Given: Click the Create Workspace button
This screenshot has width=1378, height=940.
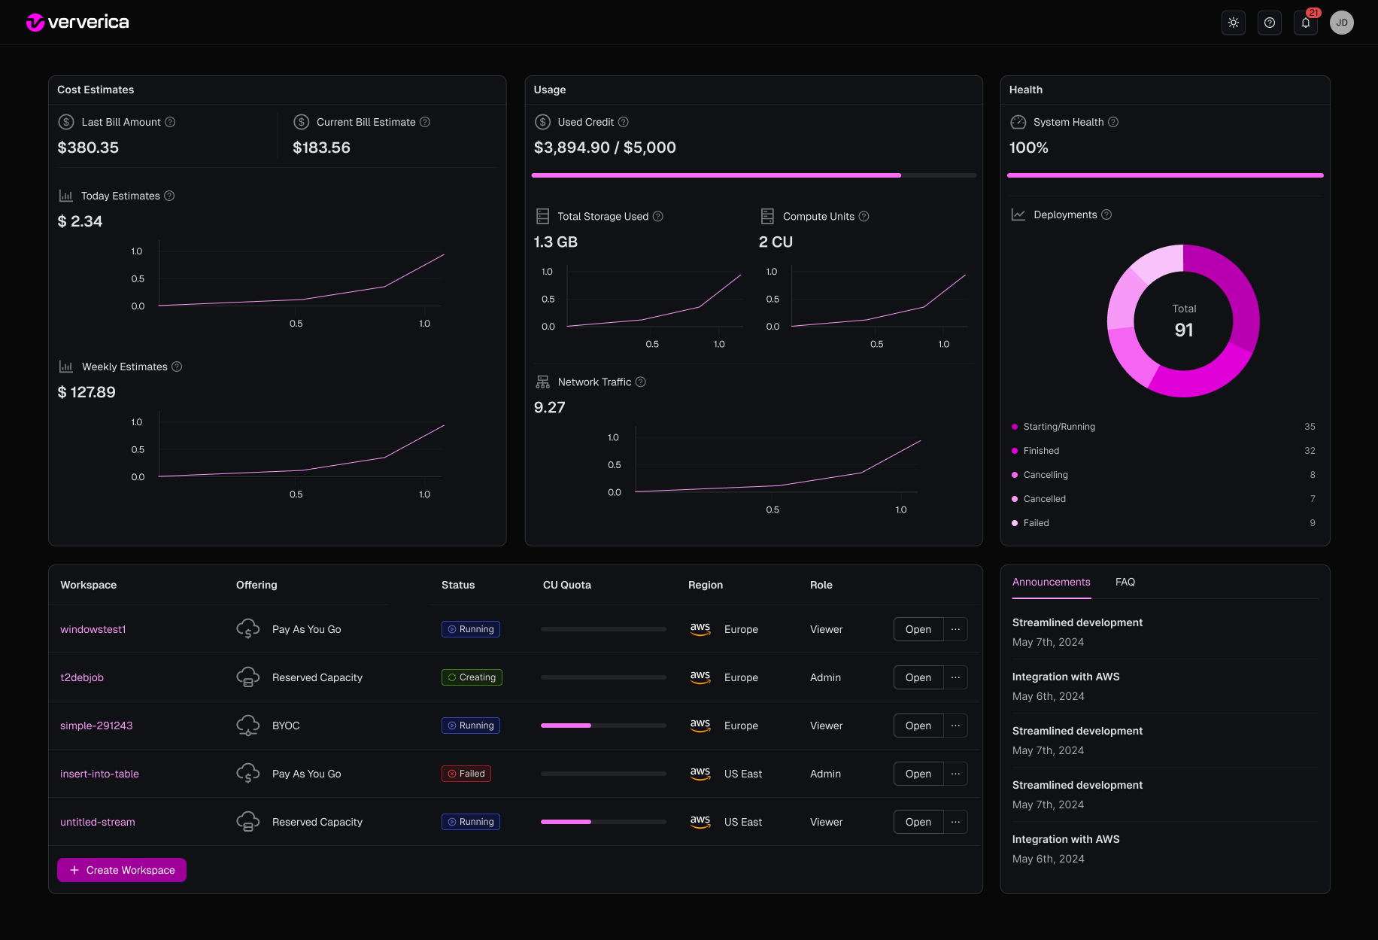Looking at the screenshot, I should point(122,870).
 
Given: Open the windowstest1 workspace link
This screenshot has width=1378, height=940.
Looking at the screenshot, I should point(93,629).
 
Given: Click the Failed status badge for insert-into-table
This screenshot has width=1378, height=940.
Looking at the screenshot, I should point(466,774).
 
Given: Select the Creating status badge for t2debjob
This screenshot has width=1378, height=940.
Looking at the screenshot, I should point(472,677).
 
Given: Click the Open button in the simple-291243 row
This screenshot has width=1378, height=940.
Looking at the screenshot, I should point(918,726).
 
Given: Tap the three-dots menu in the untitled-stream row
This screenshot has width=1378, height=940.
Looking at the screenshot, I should point(955,822).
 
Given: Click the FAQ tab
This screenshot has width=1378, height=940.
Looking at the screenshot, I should point(1125,582).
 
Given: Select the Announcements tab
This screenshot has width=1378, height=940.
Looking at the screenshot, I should point(1051,582).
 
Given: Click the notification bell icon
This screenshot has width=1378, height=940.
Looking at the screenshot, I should point(1306,23).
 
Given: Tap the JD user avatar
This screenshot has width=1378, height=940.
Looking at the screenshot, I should point(1342,23).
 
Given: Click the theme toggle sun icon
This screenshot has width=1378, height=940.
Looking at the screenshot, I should point(1234,23).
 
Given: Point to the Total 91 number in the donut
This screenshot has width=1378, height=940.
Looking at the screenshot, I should point(1183,330).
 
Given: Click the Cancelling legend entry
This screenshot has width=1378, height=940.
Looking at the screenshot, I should point(1046,475).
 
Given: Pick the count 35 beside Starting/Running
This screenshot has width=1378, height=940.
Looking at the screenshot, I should point(1310,427).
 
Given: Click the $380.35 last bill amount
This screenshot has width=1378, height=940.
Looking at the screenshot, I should point(88,148).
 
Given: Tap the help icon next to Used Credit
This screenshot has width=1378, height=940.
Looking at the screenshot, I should point(624,122).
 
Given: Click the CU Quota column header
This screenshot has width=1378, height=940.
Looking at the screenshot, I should point(567,585).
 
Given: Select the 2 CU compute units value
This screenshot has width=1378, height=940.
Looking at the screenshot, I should point(776,242).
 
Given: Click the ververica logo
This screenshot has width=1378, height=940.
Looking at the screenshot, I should point(77,23).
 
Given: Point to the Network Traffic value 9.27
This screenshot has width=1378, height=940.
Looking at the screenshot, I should point(549,407).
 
